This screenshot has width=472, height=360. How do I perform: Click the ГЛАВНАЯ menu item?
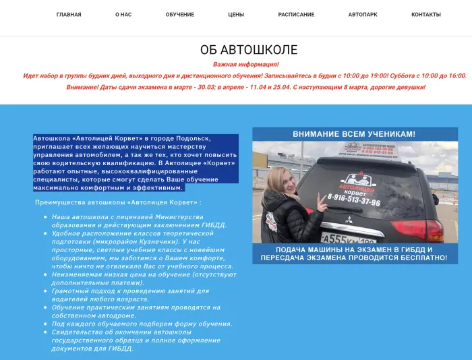click(69, 14)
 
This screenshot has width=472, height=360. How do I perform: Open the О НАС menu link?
click(123, 14)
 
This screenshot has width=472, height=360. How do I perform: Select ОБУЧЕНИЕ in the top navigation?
click(180, 14)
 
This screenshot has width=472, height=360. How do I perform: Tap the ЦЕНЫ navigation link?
click(236, 14)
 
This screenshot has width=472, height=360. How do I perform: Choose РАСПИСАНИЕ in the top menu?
click(296, 14)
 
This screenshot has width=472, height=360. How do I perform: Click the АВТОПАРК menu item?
click(363, 14)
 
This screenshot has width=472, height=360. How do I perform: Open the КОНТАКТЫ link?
click(426, 14)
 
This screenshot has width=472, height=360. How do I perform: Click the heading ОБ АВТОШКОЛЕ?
click(249, 50)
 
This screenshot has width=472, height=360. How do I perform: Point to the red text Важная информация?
click(246, 65)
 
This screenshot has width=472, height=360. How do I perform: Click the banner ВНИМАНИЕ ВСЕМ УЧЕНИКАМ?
click(354, 134)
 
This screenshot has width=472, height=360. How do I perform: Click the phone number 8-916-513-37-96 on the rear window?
click(354, 202)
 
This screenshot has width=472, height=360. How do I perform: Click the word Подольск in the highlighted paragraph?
click(196, 138)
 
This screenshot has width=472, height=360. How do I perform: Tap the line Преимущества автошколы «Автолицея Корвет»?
click(118, 202)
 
